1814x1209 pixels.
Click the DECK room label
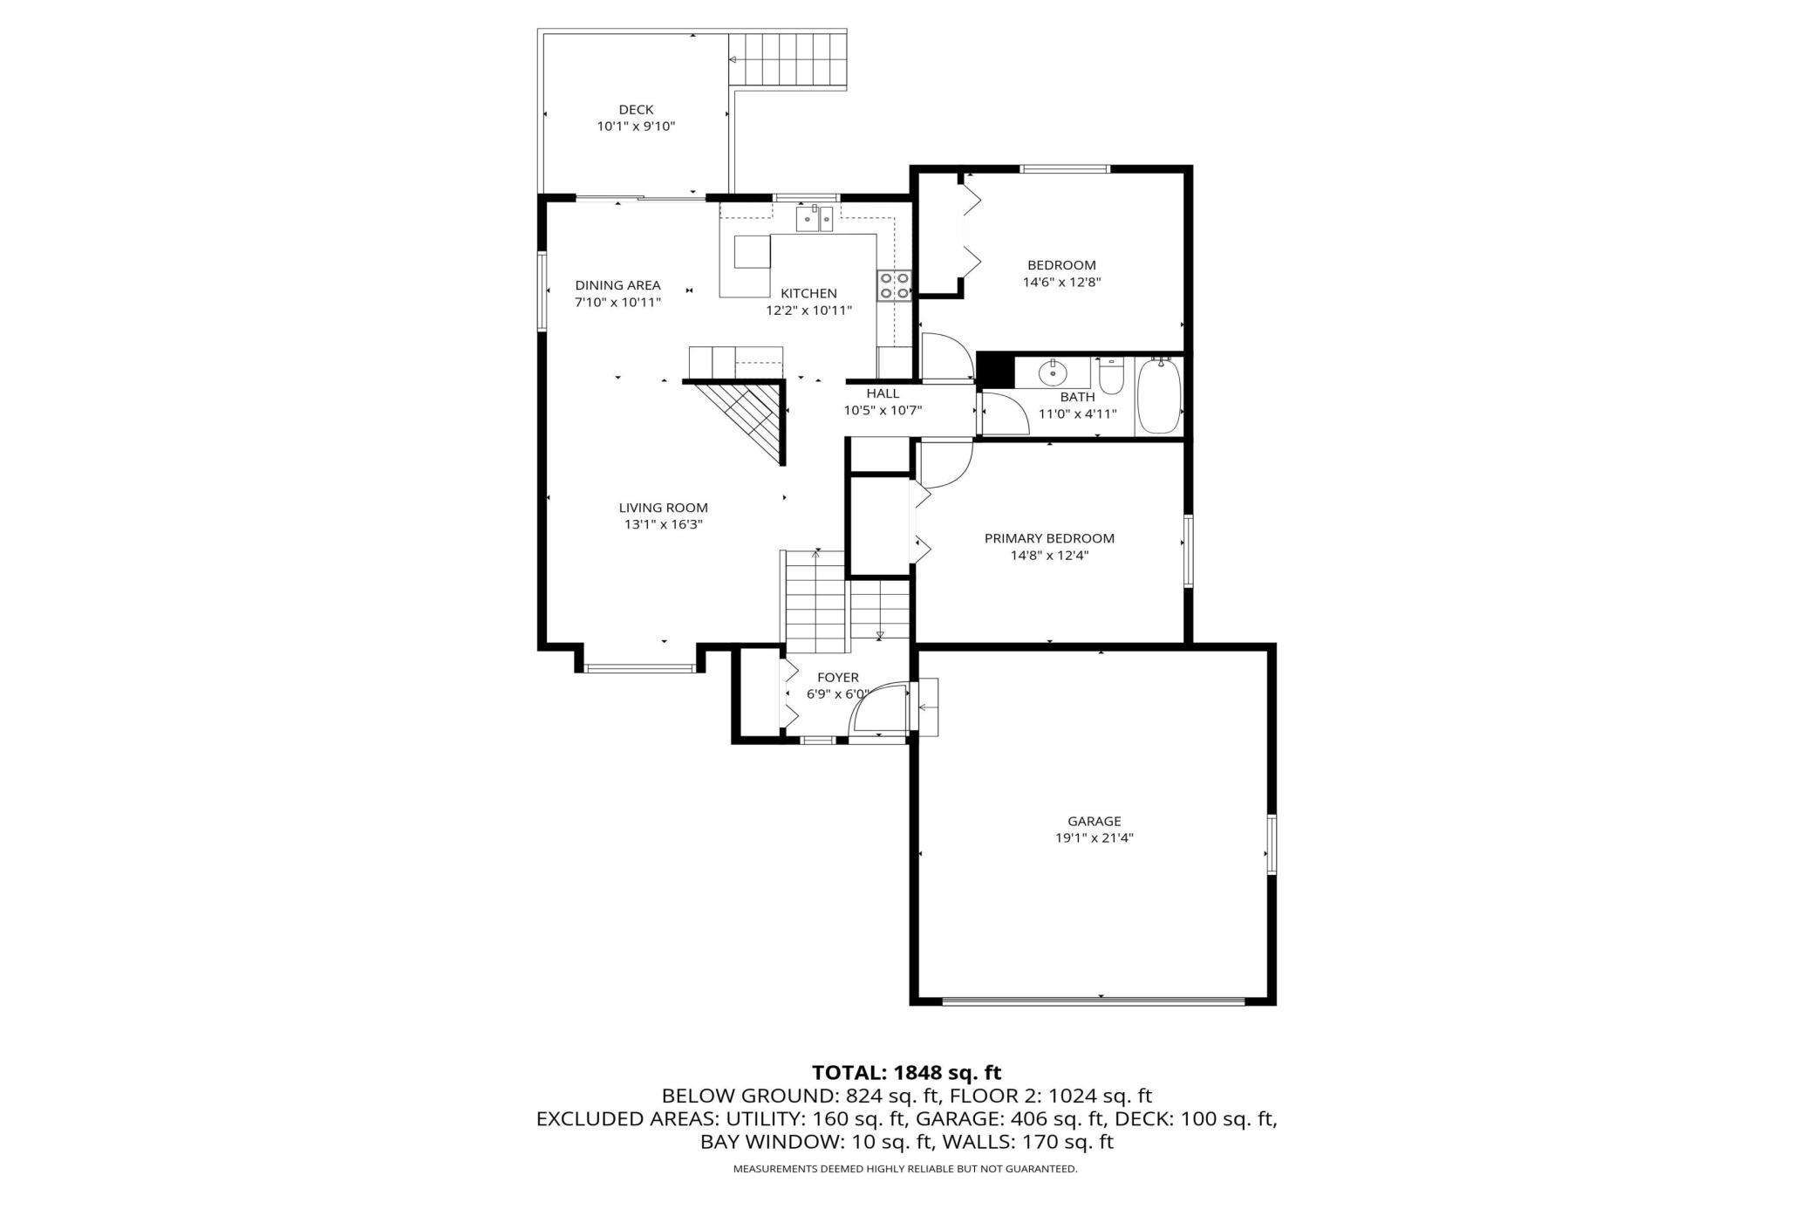[636, 110]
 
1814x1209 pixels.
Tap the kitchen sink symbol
[815, 218]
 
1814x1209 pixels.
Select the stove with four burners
[894, 285]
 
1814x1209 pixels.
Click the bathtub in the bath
[1159, 397]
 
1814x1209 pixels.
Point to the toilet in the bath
[1111, 376]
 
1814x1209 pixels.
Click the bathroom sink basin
[1054, 373]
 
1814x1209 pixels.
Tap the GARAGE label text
[1094, 821]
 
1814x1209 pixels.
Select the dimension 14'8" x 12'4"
[1049, 555]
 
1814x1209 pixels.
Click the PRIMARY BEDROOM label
[1049, 538]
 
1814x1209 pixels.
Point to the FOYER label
[837, 678]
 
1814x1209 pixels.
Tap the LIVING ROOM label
[663, 508]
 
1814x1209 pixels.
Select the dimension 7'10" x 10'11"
[617, 303]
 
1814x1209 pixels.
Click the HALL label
[883, 393]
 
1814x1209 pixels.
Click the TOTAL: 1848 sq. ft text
[906, 1072]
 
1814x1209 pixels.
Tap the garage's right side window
[1272, 844]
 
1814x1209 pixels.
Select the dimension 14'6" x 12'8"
[1060, 282]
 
